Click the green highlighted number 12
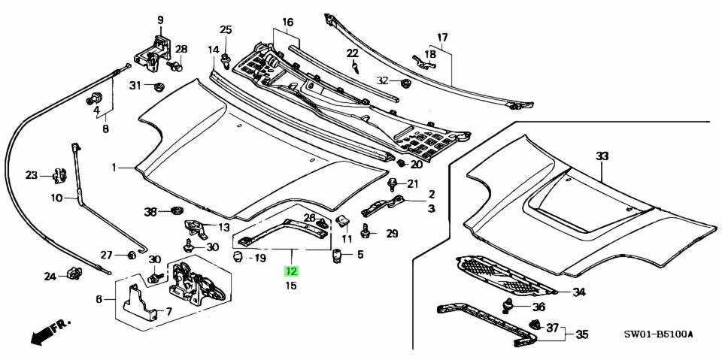291,271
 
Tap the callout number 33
602,156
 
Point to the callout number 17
442,37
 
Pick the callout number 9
159,20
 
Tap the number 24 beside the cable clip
50,277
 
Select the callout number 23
31,176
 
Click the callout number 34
578,292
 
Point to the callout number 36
538,307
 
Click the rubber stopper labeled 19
238,258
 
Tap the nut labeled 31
159,86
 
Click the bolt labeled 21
392,183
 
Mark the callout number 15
291,286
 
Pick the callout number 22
353,53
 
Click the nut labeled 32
405,80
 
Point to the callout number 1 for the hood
114,168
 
